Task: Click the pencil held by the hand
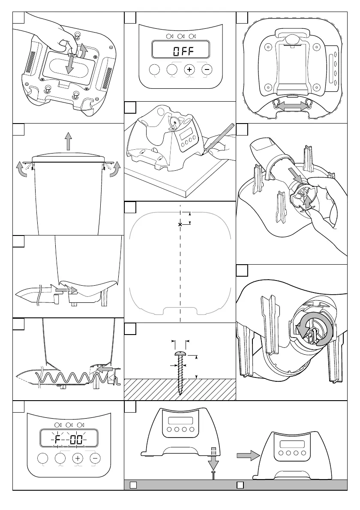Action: pyautogui.click(x=219, y=137)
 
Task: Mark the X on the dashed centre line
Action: pyautogui.click(x=180, y=224)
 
